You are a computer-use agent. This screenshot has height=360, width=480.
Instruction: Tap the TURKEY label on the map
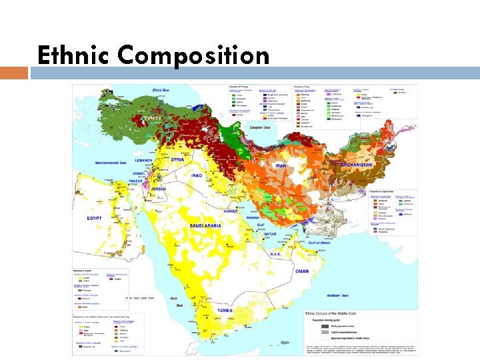coord(152,118)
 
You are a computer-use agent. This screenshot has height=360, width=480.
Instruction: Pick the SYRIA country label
coord(177,159)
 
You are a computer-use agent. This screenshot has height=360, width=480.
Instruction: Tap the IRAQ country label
coord(196,175)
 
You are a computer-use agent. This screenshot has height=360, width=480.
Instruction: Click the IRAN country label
coord(281,166)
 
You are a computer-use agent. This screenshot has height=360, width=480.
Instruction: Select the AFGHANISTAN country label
coord(357,164)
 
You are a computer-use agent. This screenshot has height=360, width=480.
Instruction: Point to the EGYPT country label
coord(94,218)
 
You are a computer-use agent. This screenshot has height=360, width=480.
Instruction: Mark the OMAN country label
coord(303,271)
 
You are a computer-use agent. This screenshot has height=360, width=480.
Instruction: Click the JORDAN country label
coord(159,189)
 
